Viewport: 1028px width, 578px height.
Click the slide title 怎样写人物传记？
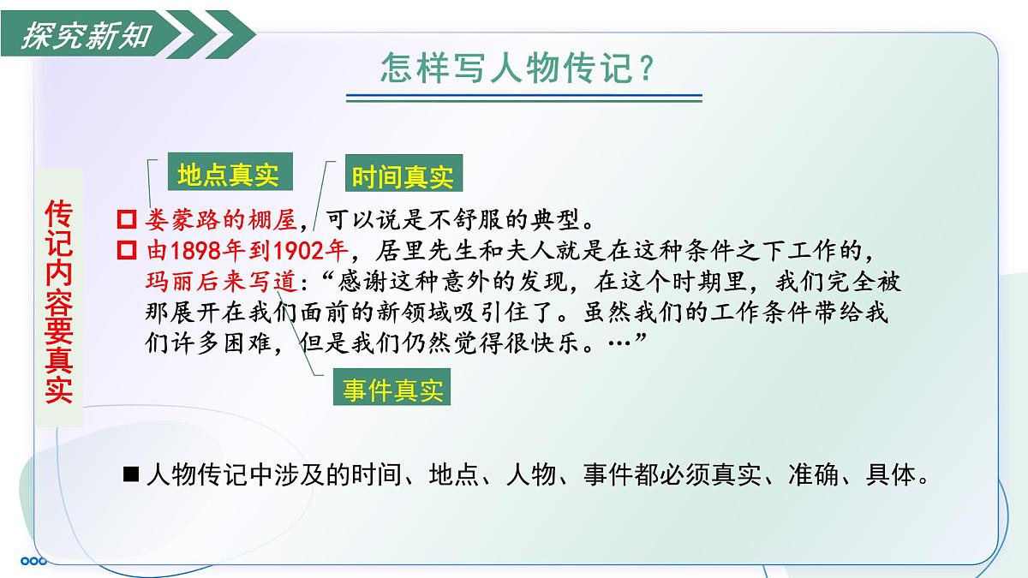[519, 68]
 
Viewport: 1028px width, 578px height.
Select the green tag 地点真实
[228, 176]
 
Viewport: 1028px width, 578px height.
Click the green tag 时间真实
[402, 177]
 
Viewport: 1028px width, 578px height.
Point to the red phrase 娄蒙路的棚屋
[222, 220]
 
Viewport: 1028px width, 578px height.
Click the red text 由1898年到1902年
[247, 251]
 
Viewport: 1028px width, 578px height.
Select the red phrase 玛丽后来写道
[221, 282]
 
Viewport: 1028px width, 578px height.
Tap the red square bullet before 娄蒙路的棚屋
[128, 220]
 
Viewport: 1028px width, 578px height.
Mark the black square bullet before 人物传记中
[131, 475]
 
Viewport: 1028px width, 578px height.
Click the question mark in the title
[647, 69]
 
